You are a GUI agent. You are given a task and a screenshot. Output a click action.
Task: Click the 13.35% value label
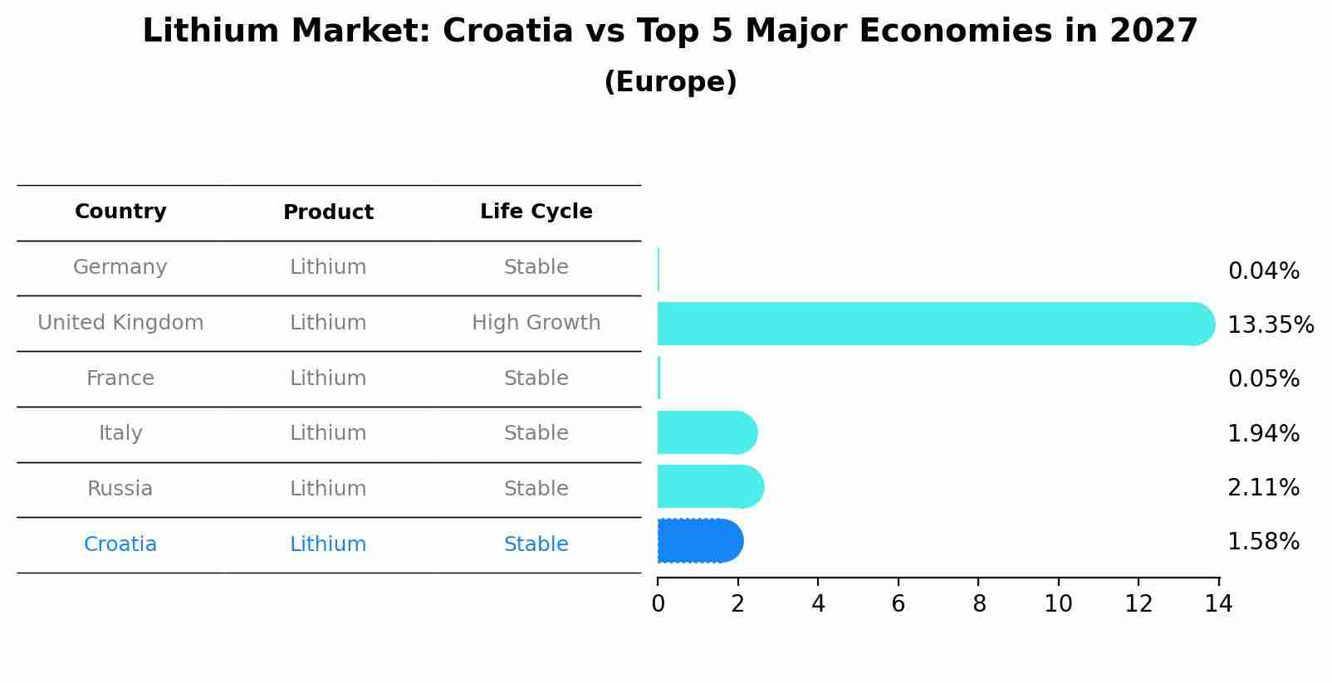[x=1270, y=324]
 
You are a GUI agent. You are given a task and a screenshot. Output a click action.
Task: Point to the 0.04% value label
[x=1263, y=271]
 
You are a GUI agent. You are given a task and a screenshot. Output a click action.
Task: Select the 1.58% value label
[x=1263, y=542]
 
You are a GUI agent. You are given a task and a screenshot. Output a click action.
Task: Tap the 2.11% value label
[x=1263, y=488]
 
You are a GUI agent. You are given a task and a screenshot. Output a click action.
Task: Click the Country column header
[x=120, y=212]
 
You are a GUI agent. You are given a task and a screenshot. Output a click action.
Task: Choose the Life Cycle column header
[x=536, y=212]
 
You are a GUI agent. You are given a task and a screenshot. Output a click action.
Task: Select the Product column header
[x=328, y=212]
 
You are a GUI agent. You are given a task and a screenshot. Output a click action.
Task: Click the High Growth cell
[x=536, y=323]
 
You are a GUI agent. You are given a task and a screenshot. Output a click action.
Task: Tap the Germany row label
[x=120, y=267]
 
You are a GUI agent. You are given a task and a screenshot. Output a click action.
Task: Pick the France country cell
[x=120, y=378]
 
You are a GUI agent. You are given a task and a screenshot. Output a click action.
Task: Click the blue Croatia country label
[x=120, y=544]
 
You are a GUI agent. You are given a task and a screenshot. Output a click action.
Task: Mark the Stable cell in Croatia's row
[x=536, y=544]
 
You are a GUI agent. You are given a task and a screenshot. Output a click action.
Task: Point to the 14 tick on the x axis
[x=1218, y=604]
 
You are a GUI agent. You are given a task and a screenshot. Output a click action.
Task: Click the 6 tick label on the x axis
[x=898, y=604]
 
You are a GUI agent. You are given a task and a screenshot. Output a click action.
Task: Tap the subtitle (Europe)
[x=670, y=82]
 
